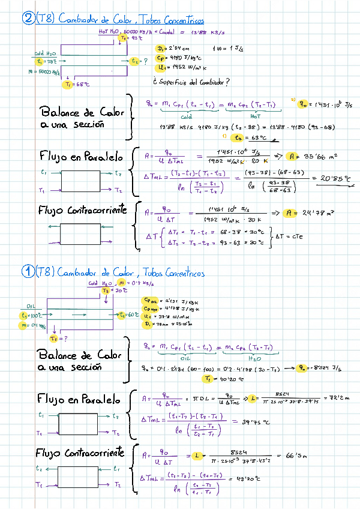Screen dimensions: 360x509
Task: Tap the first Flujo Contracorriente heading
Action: (x=80, y=211)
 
